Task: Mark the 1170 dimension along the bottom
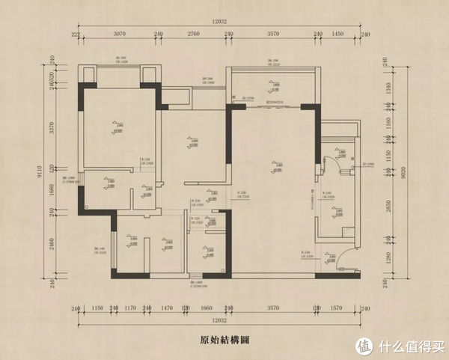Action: point(129,308)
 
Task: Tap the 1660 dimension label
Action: point(207,308)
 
